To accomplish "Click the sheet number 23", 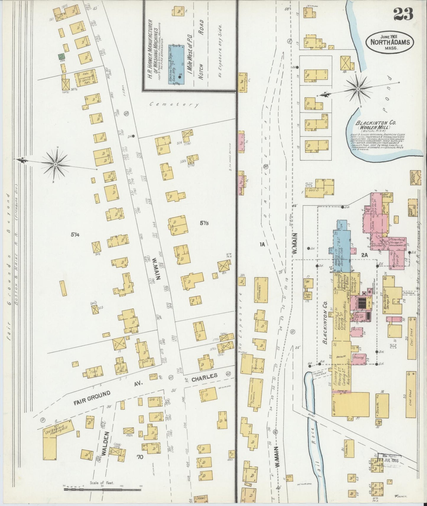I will click(x=403, y=14).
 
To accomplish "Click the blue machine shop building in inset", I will click(x=176, y=65).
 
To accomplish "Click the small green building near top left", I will click(x=61, y=56).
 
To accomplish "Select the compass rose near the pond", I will click(x=358, y=88).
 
